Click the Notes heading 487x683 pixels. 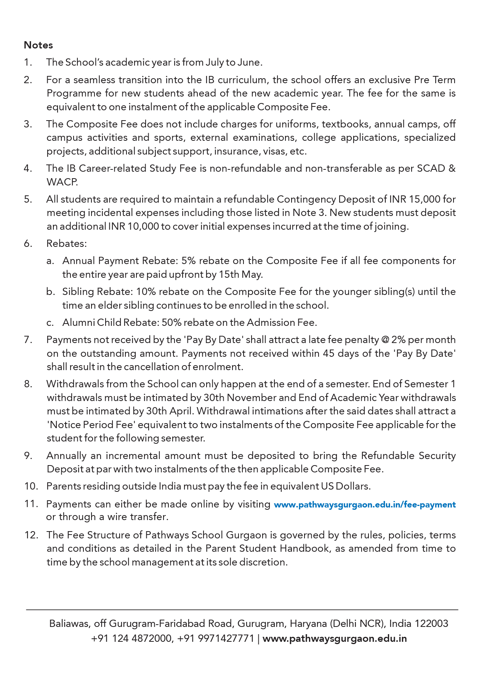coord(38,45)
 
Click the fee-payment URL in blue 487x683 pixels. coord(365,504)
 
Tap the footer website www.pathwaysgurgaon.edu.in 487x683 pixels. coord(335,638)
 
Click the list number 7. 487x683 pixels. coord(28,340)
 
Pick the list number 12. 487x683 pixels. coord(31,535)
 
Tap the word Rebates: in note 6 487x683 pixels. coord(67,243)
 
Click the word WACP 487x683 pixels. coord(62,182)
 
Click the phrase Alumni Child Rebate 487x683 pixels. coord(109,322)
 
